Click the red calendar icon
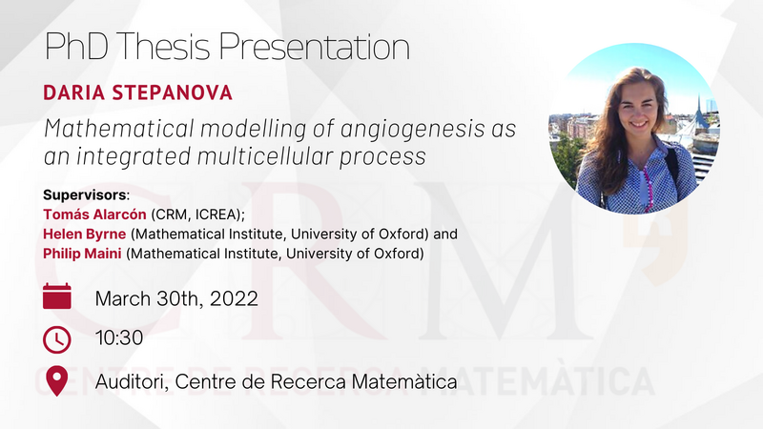pos(57,296)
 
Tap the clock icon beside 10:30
pos(57,339)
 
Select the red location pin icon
pos(56,380)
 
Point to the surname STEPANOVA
pos(173,92)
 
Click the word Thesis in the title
pos(163,47)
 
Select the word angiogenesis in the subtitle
pos(413,130)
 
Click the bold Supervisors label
pos(85,195)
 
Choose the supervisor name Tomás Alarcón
pos(94,214)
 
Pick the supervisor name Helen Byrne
pos(85,234)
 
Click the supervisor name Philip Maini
pos(82,254)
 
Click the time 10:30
pos(119,338)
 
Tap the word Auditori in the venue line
pos(132,381)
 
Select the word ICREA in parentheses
pos(217,214)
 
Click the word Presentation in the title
pos(315,47)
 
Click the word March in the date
pos(123,298)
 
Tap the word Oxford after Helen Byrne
pos(401,234)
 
